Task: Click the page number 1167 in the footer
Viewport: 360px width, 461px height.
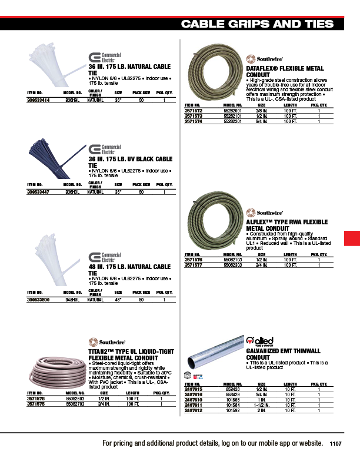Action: [336, 443]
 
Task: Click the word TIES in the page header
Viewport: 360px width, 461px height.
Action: [321, 24]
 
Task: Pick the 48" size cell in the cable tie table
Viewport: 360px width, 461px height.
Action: [118, 300]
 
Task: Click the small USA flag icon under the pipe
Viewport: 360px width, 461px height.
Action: [198, 376]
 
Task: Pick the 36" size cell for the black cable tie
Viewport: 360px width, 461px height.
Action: [118, 192]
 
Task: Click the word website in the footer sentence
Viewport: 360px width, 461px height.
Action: [308, 443]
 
